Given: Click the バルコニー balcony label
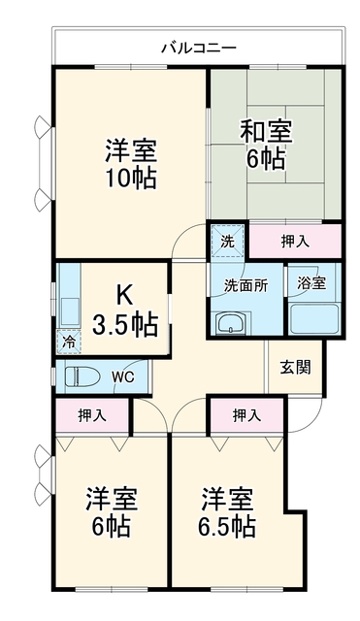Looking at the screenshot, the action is coord(198,49).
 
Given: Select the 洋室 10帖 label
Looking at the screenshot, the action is coord(131,164).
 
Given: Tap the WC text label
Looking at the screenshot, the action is coord(122,377).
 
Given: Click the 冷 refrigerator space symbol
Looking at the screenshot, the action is coord(69,342).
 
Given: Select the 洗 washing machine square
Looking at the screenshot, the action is coord(227,242).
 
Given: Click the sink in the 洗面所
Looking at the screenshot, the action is coord(232,322).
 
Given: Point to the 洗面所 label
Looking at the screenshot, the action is coord(245,286).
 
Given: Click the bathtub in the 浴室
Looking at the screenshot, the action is coord(314,319).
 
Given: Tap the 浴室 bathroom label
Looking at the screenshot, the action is coord(311,283).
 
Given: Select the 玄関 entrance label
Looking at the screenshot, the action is coord(295,368).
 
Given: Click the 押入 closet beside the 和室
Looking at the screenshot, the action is coord(295,242).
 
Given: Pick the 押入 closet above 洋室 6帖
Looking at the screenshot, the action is coord(92,415).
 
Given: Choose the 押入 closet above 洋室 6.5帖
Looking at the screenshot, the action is coord(246,415).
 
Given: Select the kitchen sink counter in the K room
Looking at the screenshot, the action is coord(69,296).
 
